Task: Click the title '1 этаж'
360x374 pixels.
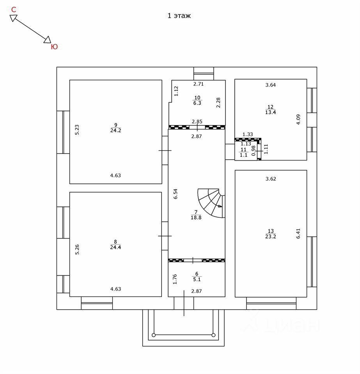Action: pyautogui.click(x=179, y=16)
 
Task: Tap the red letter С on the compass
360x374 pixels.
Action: pyautogui.click(x=14, y=9)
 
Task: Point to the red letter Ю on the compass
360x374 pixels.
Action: pyautogui.click(x=54, y=47)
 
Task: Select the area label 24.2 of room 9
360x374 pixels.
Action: pyautogui.click(x=115, y=131)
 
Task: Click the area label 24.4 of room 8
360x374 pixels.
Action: pyautogui.click(x=115, y=247)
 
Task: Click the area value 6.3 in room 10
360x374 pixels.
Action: pyautogui.click(x=197, y=103)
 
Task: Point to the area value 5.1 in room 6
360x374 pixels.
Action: pyautogui.click(x=197, y=279)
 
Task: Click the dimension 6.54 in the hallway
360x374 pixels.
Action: pyautogui.click(x=176, y=194)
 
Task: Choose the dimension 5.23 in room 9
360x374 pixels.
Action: pyautogui.click(x=77, y=130)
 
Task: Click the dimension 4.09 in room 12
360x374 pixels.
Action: pyautogui.click(x=298, y=119)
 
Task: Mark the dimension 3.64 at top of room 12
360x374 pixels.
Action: pyautogui.click(x=270, y=85)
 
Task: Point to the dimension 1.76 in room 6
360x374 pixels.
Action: pyautogui.click(x=175, y=279)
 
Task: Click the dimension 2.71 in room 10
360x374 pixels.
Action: pyautogui.click(x=199, y=84)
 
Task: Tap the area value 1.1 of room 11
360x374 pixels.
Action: pyautogui.click(x=243, y=155)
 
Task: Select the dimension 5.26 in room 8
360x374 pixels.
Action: pyautogui.click(x=77, y=249)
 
